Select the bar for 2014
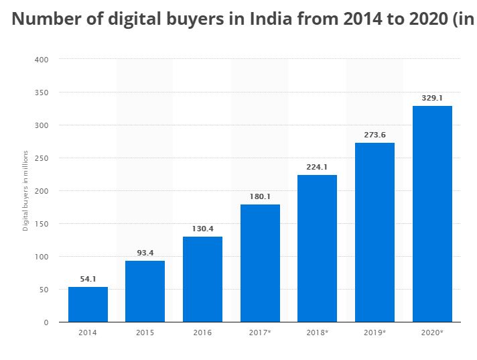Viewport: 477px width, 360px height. click(88, 304)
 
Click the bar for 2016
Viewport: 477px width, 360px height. click(202, 279)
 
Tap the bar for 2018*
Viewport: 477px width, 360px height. click(317, 248)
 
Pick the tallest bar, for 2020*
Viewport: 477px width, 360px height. click(432, 214)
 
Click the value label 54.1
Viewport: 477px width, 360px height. click(88, 278)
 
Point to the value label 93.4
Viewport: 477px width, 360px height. click(145, 252)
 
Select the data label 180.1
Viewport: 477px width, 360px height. click(260, 196)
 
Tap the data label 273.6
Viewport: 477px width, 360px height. click(374, 134)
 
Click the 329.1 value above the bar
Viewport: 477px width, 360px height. click(432, 98)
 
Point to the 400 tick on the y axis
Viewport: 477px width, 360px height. click(42, 60)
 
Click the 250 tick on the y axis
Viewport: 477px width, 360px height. click(42, 158)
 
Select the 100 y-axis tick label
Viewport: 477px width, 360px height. click(42, 257)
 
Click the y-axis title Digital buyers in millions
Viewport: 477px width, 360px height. click(25, 191)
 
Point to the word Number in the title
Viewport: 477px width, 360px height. click(43, 19)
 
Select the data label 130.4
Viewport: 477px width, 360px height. click(202, 228)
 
